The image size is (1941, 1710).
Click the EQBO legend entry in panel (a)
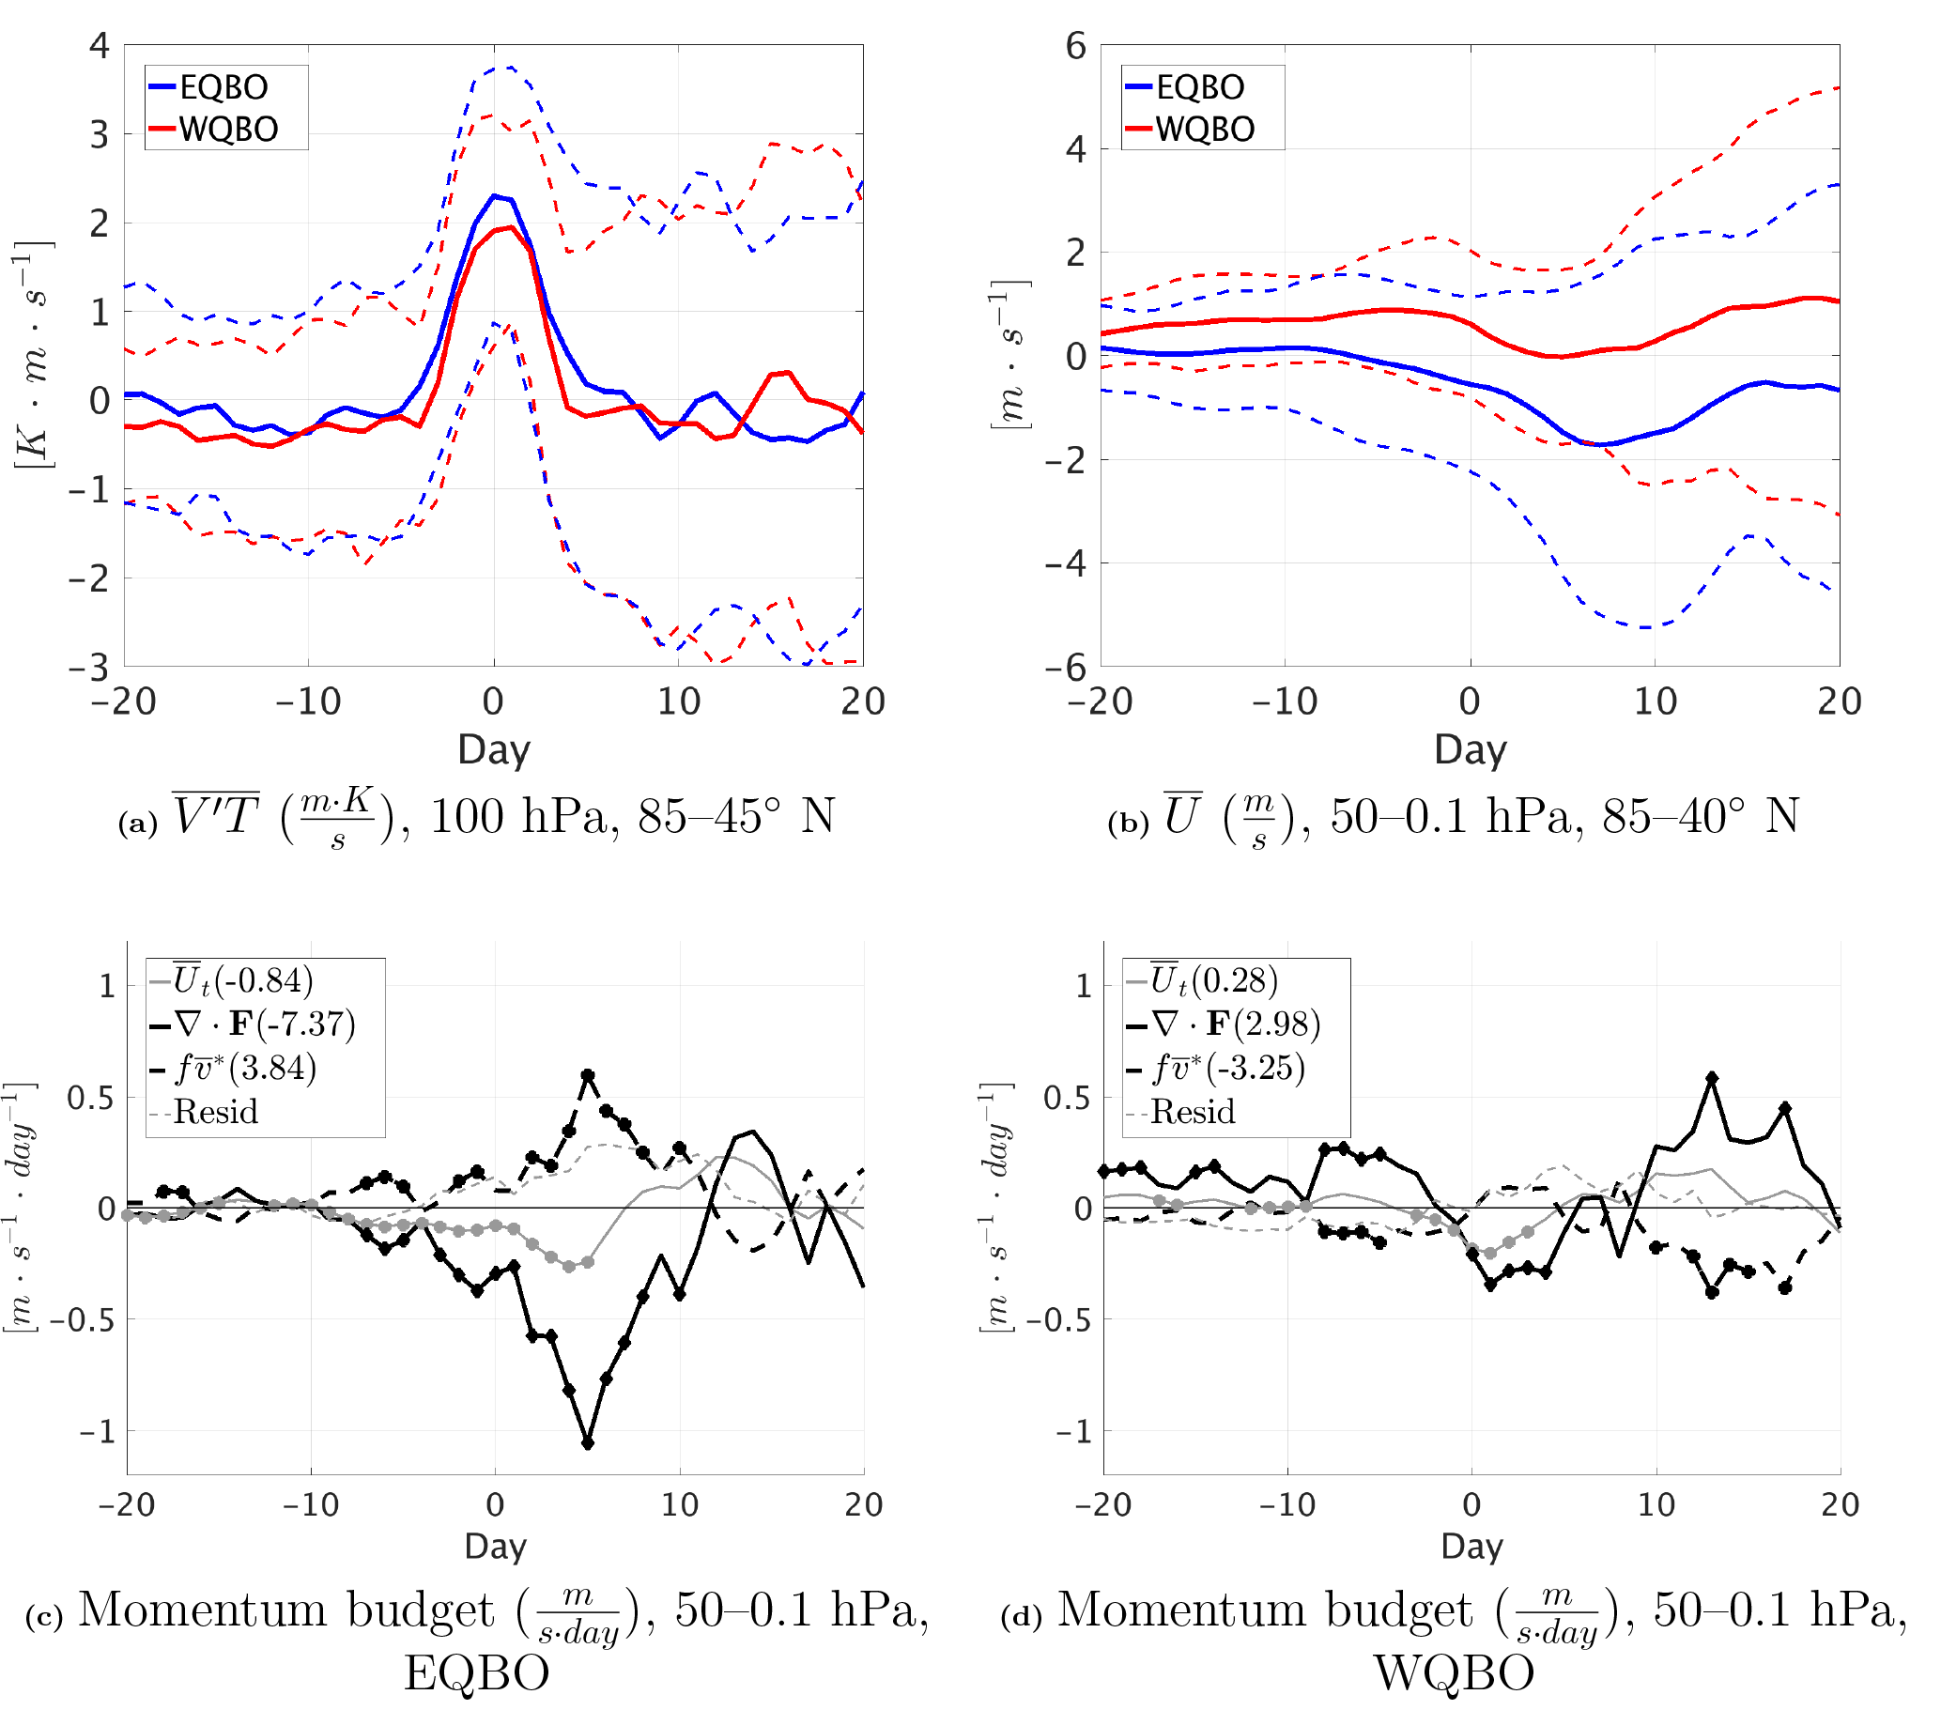click(223, 87)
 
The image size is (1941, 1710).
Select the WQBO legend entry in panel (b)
click(1204, 130)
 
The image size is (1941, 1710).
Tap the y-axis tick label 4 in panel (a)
click(100, 46)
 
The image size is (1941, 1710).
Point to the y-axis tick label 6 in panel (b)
click(1076, 46)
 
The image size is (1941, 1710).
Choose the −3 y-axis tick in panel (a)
click(90, 668)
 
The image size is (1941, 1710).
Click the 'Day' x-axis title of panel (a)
click(494, 750)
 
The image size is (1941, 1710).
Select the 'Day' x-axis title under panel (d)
click(1471, 1546)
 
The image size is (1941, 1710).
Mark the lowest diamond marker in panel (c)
click(588, 1443)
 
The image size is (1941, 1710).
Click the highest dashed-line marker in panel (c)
click(588, 1076)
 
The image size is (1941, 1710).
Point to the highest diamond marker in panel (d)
click(1712, 1079)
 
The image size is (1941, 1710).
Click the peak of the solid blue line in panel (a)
click(494, 195)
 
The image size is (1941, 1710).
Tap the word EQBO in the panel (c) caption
click(477, 1673)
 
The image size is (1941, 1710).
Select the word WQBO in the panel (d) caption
click(1454, 1673)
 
